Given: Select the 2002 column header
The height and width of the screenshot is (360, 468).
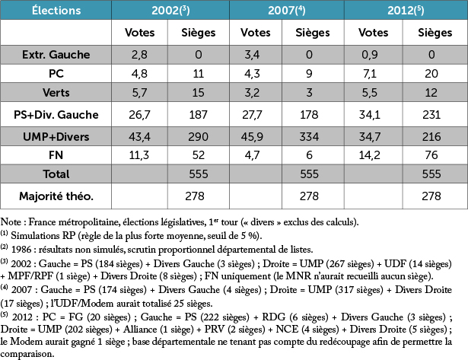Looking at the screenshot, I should [x=170, y=11].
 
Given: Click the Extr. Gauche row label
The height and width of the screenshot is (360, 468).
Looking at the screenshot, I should [x=56, y=54].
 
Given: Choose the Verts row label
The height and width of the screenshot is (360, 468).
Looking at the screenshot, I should [x=56, y=93].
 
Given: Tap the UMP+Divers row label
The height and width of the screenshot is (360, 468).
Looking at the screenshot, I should [x=56, y=136].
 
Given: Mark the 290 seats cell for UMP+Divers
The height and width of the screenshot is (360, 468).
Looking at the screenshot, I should [x=199, y=136].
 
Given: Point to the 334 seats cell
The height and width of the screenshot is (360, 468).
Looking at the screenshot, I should [x=314, y=136].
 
